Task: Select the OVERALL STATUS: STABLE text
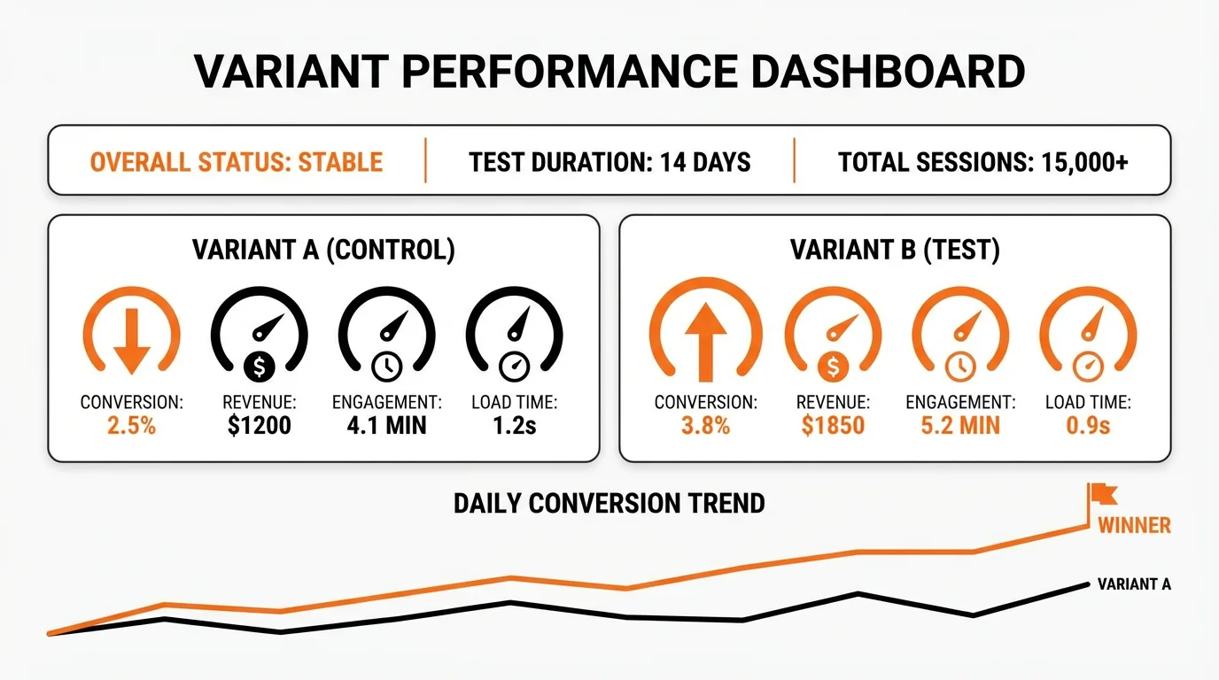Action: (237, 162)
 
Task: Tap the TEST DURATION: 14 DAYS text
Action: (609, 162)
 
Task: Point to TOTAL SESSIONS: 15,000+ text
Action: (982, 162)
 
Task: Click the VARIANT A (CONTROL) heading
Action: (323, 251)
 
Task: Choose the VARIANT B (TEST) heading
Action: (895, 251)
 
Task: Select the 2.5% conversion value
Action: (131, 425)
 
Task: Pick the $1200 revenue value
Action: (259, 425)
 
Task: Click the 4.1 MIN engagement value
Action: (386, 425)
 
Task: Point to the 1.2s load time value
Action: (514, 425)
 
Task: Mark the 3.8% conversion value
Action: (705, 425)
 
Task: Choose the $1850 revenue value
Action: (833, 425)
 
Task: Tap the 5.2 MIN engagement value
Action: (960, 425)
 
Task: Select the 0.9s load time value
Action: (1088, 425)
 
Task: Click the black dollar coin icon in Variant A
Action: (260, 365)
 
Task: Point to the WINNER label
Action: (1134, 525)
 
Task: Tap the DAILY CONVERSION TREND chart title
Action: (609, 504)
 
